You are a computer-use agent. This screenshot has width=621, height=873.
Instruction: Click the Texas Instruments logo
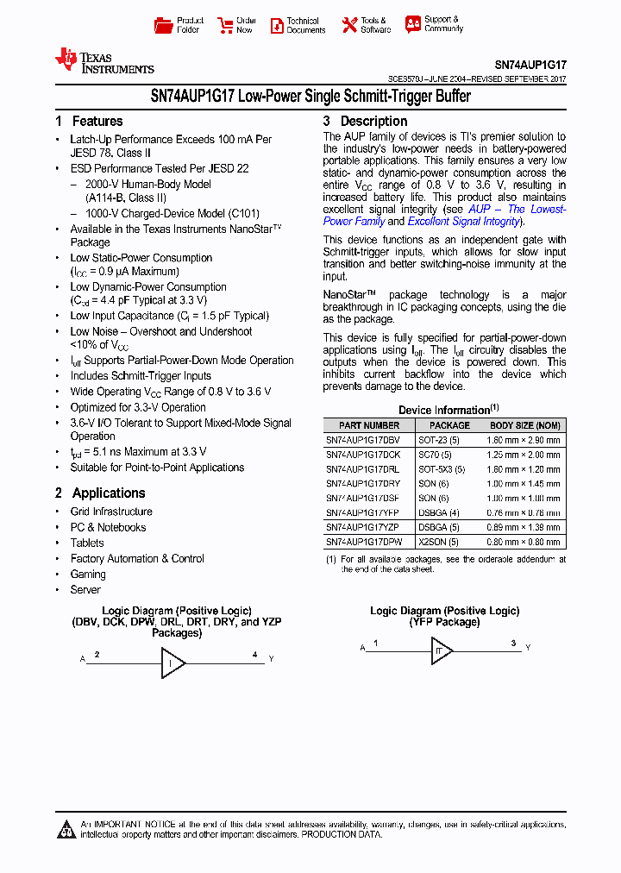[103, 60]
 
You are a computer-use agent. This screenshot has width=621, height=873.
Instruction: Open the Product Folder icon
[163, 25]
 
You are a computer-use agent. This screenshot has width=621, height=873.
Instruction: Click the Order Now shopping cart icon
[225, 25]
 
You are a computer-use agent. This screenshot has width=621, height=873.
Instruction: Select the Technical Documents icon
[277, 25]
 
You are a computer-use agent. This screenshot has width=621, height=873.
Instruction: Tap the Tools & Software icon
[349, 25]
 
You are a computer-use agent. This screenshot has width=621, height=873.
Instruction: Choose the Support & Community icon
[413, 24]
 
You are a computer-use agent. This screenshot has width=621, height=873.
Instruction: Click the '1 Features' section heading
[89, 122]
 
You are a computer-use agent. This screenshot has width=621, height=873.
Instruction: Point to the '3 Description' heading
[365, 122]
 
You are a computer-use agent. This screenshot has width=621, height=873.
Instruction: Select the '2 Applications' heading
[100, 493]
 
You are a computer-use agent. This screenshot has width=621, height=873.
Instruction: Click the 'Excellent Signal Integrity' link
[463, 222]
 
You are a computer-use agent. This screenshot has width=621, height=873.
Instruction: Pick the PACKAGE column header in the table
[449, 425]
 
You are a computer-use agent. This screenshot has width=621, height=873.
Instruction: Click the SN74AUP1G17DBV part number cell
[362, 440]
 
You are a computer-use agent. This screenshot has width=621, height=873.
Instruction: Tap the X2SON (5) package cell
[438, 543]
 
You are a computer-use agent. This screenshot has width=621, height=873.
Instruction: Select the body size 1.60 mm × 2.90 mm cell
[524, 440]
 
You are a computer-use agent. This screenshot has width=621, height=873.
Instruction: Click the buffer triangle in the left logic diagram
[172, 663]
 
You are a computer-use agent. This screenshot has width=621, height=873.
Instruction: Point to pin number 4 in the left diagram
[254, 655]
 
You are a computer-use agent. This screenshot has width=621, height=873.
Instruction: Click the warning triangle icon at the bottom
[66, 830]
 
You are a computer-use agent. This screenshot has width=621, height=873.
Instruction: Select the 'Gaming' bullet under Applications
[88, 575]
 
